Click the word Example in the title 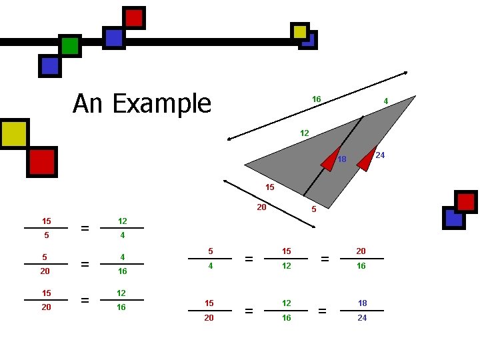coord(161,104)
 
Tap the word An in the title coord(88,104)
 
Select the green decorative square coord(69,45)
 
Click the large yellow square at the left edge coord(13,133)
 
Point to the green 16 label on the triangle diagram coord(317,99)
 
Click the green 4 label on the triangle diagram coord(386,101)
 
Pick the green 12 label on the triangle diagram coord(304,133)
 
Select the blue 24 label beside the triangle coord(381,155)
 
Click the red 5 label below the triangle coord(314,209)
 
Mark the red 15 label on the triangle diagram coord(269,187)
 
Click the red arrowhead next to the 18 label coord(329,161)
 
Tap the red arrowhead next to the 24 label coord(367,158)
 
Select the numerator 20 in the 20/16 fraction coord(361,251)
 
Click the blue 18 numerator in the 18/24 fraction coord(362,303)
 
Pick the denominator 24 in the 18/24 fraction coord(362,318)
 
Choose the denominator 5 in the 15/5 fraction coord(45,235)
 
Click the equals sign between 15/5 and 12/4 coord(85,229)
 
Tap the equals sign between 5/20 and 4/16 coord(85,265)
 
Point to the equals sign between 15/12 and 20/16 coord(325,259)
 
